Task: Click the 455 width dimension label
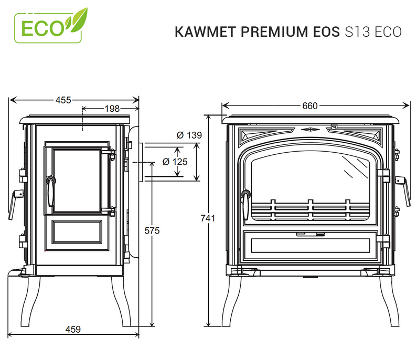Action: [63, 100]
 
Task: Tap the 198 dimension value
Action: [112, 109]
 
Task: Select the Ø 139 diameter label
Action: [189, 135]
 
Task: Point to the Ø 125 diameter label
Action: [175, 162]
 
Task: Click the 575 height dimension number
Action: [152, 230]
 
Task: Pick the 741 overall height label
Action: [208, 218]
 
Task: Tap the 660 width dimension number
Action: [310, 106]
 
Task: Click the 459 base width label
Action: [73, 330]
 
